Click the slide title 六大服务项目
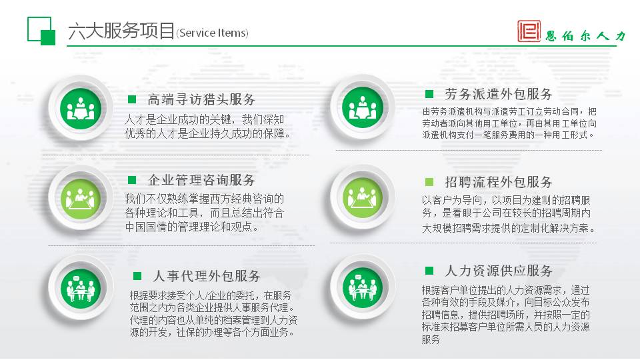[x=121, y=31]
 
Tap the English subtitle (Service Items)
[x=212, y=33]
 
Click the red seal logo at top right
[x=529, y=31]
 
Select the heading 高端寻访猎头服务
[x=201, y=99]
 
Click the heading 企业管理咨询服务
[x=201, y=180]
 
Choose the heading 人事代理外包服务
[x=207, y=276]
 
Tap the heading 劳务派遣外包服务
[x=499, y=94]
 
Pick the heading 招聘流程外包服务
[x=499, y=182]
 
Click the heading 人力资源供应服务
[x=499, y=271]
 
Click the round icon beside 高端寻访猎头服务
[x=81, y=109]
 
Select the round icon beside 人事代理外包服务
[x=81, y=289]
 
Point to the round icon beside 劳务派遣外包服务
[x=363, y=108]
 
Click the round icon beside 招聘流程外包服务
[x=363, y=198]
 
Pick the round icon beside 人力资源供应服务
[x=363, y=287]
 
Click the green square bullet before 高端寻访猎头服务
[x=132, y=99]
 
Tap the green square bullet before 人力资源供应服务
[x=429, y=271]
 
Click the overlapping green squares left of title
[x=41, y=31]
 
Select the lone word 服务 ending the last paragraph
[x=431, y=339]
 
